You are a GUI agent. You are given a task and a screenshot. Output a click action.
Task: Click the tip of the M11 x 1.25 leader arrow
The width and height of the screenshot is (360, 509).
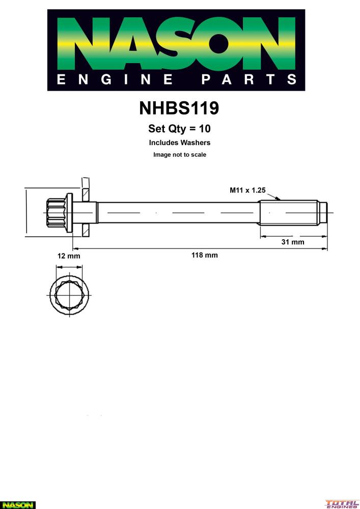coord(280,200)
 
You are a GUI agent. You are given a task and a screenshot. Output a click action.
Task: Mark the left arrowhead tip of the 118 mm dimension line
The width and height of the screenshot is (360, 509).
coord(73,249)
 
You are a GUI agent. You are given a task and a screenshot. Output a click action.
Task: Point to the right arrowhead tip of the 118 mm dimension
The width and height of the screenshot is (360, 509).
coord(327,249)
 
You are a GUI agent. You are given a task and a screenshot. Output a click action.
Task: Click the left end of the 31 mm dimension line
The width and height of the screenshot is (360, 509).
coord(260,236)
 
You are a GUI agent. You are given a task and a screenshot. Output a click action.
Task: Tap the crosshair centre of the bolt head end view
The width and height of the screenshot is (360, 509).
coord(69,295)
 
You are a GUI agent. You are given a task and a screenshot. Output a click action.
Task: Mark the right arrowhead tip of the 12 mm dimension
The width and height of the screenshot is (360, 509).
coord(82,268)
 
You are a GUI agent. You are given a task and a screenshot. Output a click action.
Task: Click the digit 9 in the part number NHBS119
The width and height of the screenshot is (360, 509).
coord(213,108)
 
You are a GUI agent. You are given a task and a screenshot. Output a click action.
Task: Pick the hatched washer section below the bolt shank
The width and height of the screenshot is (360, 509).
coord(86,230)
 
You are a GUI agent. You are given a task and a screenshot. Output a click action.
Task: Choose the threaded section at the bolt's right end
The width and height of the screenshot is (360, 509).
coord(289,212)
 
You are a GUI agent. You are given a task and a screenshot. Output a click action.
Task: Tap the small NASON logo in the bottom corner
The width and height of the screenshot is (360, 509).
coord(17,505)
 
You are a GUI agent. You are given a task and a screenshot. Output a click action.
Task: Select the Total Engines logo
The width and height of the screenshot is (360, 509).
coord(342,504)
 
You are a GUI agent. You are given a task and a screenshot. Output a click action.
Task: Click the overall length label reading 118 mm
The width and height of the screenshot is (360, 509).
coord(205,255)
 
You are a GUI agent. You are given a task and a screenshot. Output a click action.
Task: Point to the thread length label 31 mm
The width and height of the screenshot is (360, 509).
coord(293,242)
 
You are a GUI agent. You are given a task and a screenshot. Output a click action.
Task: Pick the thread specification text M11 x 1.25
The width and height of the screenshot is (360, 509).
coord(247,190)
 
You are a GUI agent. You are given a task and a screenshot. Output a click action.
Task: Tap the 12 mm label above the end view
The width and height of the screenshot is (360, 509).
coord(69,256)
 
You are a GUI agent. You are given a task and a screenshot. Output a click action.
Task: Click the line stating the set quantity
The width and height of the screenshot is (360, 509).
coord(180,129)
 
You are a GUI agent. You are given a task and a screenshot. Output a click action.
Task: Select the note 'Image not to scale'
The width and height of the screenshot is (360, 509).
coord(180,155)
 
